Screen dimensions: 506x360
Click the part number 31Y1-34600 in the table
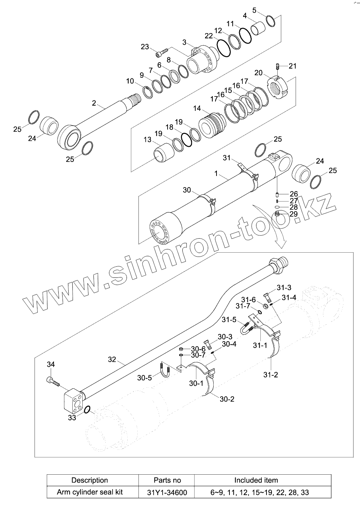click(x=167, y=492)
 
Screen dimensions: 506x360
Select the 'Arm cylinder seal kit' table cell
click(x=90, y=492)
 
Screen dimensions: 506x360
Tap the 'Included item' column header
click(x=256, y=480)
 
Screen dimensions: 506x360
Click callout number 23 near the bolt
click(x=145, y=47)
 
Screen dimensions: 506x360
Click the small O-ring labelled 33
click(x=87, y=410)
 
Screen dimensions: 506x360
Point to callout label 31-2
click(x=270, y=375)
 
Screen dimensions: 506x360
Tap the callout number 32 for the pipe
click(x=112, y=359)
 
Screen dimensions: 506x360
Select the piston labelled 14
click(x=213, y=124)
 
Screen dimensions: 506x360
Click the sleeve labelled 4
click(x=258, y=28)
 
